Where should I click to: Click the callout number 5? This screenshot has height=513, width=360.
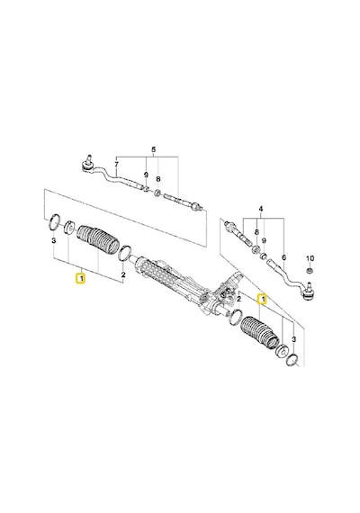coord(154,149)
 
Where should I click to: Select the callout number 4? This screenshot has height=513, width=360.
coord(261,209)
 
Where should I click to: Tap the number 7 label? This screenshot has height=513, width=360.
coord(116,164)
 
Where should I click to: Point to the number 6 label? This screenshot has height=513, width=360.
coord(283,257)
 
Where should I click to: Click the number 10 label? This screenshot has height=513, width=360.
coord(310,258)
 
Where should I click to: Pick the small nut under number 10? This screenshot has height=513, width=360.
coord(310,271)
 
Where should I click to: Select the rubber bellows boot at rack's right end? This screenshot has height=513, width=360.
coord(260,333)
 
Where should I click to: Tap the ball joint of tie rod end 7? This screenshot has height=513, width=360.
coord(87,165)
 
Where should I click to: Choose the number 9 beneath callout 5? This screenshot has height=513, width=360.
coord(146,175)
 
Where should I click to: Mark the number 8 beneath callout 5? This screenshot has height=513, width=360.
coord(158,179)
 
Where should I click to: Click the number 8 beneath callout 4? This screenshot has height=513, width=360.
coord(256,232)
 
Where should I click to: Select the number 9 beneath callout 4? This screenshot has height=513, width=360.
coord(264,240)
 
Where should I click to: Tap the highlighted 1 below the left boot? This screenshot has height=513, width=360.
coord(80,279)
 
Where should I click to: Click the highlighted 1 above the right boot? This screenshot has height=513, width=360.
coord(262,299)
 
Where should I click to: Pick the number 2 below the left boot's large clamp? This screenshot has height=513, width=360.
coord(123,274)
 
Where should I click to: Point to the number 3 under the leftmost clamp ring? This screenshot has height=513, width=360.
coord(54,241)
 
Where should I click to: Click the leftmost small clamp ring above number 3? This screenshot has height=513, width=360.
coord(54,221)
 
